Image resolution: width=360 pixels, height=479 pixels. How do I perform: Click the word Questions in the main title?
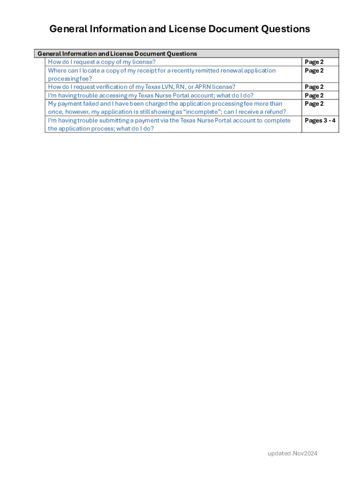[285, 29]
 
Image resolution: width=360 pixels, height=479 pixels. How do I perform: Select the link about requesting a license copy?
[101, 62]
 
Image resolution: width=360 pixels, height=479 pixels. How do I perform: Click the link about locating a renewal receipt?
[162, 71]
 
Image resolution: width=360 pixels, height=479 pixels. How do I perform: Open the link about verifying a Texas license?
[142, 87]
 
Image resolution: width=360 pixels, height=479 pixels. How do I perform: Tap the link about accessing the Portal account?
[151, 95]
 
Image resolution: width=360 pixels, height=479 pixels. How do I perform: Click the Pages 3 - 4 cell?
[320, 121]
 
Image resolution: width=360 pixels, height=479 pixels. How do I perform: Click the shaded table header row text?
[117, 54]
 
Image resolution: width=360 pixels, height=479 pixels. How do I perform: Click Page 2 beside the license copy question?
[314, 62]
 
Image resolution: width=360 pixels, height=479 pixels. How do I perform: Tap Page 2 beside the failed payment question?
[314, 104]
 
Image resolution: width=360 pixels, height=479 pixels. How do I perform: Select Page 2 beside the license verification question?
[314, 87]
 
